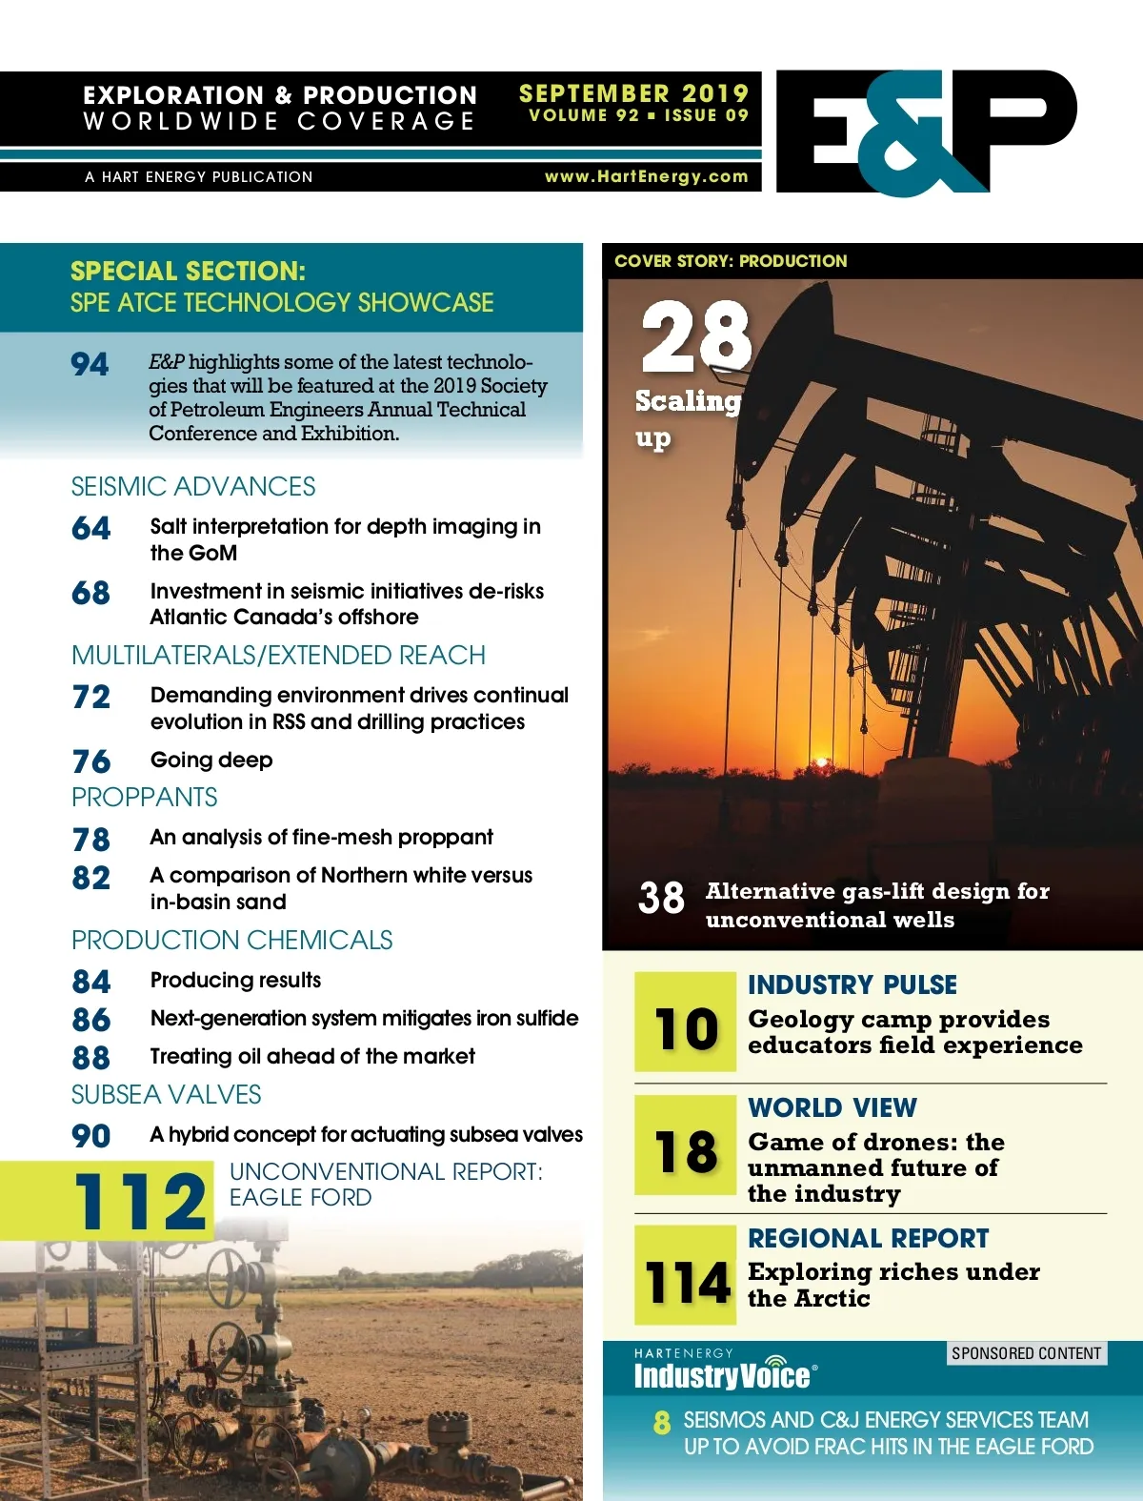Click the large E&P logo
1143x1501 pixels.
(x=926, y=132)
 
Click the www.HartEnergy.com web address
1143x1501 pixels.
(x=646, y=176)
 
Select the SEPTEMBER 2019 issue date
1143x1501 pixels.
(x=633, y=93)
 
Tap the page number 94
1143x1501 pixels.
(x=90, y=364)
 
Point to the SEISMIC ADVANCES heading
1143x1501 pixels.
(x=193, y=486)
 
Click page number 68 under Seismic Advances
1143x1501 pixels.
(x=90, y=593)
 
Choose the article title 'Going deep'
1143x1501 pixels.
(x=211, y=760)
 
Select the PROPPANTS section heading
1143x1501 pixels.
(x=145, y=797)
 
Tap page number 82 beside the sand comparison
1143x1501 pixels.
(x=90, y=878)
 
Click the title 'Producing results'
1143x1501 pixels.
(x=235, y=980)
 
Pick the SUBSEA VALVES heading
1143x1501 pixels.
(x=167, y=1094)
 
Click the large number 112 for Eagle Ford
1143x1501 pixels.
(x=140, y=1201)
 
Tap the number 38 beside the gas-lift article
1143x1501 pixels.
(x=661, y=898)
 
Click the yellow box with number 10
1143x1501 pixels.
(x=686, y=1022)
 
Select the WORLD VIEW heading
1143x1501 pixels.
(x=832, y=1107)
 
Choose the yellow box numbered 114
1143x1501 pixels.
(x=686, y=1275)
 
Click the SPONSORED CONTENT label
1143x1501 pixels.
(x=1026, y=1353)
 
